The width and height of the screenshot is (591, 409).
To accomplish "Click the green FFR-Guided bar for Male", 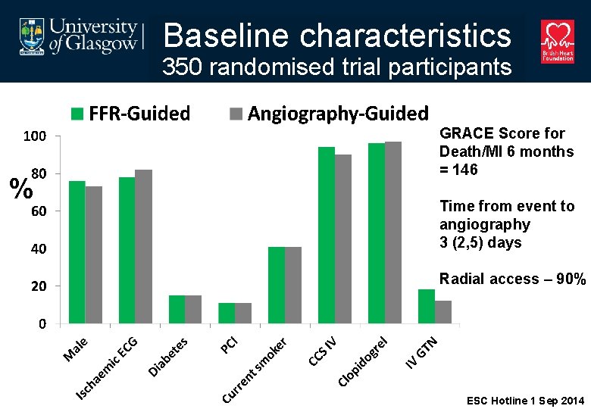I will click(77, 252).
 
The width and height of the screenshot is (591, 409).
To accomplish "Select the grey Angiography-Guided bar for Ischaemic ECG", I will click(143, 247).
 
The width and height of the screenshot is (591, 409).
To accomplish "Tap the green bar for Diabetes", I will click(177, 309).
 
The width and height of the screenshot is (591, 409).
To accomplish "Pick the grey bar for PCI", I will click(243, 313).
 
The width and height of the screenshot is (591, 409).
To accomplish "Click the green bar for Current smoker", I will click(277, 285).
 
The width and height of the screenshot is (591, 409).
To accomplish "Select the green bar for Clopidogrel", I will click(377, 233).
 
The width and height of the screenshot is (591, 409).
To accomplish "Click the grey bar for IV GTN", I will click(443, 312).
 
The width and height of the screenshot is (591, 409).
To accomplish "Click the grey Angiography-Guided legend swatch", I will click(236, 114).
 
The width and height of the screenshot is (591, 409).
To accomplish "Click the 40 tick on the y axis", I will click(39, 249).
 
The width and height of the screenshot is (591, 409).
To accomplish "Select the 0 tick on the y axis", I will click(42, 324).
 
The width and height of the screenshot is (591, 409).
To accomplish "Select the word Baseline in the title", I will click(227, 35).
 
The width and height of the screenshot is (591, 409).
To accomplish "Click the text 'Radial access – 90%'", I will click(512, 279).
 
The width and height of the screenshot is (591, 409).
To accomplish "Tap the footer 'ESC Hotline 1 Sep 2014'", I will click(525, 400).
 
